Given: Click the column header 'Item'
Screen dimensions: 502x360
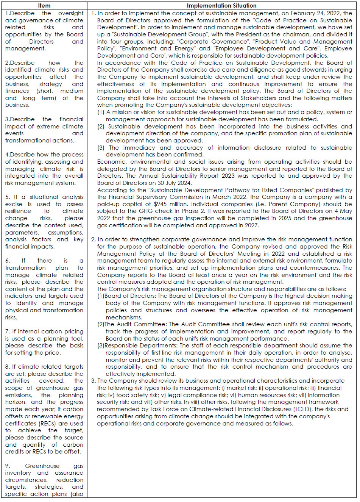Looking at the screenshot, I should coord(44,6).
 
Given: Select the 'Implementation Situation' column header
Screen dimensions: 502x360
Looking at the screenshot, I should coord(221,6).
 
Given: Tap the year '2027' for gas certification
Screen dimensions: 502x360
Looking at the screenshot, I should coord(251,225).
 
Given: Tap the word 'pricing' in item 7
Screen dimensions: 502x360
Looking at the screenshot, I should coord(73,332).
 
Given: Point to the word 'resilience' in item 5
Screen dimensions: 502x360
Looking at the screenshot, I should coord(18,211).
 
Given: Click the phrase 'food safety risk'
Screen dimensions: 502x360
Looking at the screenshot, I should coord(137,395).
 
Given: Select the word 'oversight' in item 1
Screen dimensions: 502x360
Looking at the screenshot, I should coord(71,13).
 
